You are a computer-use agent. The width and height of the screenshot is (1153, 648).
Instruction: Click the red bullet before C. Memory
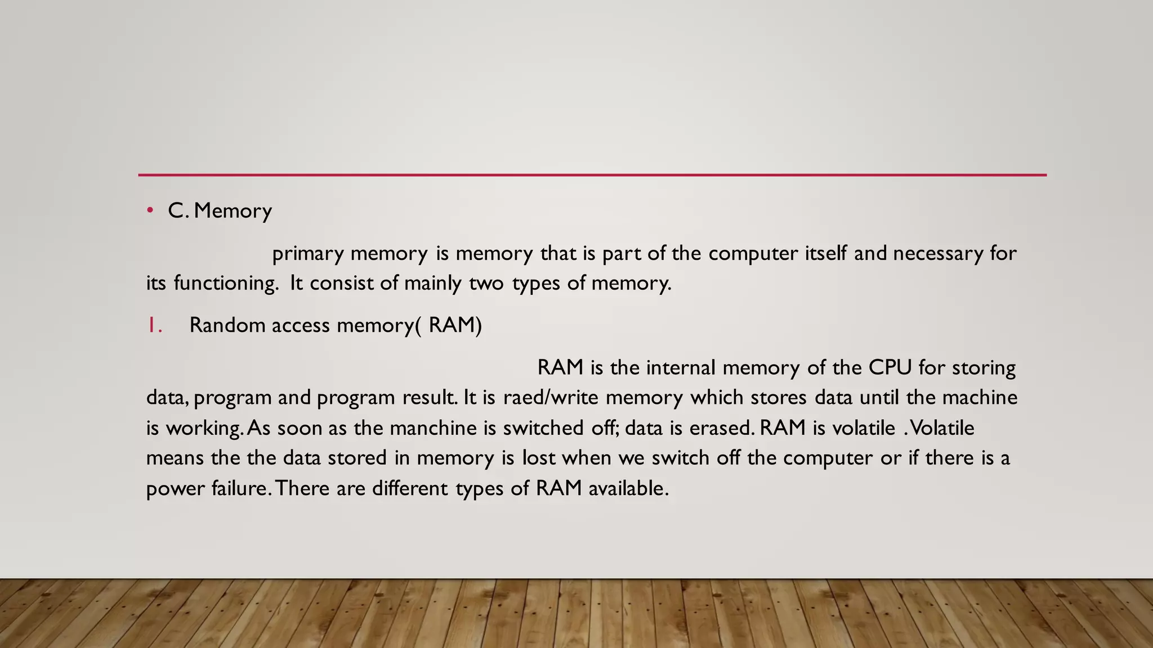click(150, 211)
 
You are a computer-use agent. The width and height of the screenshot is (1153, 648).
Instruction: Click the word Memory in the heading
click(233, 211)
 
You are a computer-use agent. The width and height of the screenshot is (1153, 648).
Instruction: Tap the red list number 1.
click(154, 325)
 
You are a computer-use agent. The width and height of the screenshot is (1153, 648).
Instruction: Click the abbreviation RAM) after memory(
click(455, 325)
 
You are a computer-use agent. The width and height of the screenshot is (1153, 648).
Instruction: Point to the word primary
click(307, 254)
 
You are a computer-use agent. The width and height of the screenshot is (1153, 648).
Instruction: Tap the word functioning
click(226, 283)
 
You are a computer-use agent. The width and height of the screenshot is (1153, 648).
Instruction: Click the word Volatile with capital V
click(942, 428)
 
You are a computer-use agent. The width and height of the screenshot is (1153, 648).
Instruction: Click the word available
click(628, 488)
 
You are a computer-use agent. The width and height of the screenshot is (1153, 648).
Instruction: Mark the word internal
click(681, 368)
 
